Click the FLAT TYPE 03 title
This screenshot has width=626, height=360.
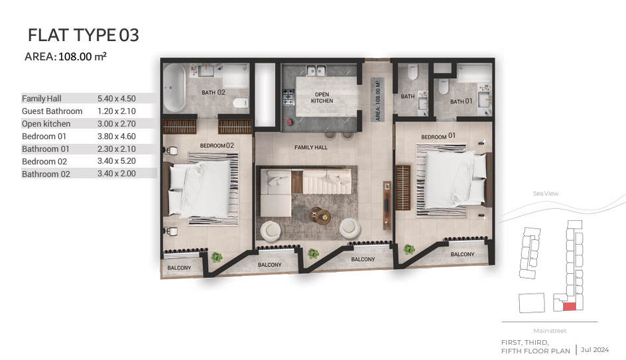click(x=84, y=35)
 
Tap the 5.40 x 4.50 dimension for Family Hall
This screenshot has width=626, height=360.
click(x=117, y=99)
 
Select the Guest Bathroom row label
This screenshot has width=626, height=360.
click(x=52, y=111)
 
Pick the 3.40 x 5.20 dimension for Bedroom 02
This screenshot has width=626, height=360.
click(x=117, y=161)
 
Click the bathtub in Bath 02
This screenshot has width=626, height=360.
click(x=174, y=88)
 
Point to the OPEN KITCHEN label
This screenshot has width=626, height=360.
click(x=322, y=97)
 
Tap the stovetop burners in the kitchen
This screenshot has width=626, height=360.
click(x=288, y=97)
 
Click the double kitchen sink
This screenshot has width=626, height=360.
click(x=316, y=71)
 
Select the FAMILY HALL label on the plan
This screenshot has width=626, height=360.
click(x=311, y=147)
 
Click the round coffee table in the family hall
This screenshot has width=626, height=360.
click(x=320, y=216)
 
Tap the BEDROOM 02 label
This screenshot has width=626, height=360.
click(x=217, y=146)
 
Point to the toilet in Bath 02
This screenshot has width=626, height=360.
click(x=240, y=103)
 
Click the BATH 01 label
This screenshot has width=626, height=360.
click(x=461, y=101)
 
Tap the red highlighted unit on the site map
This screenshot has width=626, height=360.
click(x=570, y=306)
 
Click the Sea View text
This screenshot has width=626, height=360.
click(x=546, y=194)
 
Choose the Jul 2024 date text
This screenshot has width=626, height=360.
click(x=595, y=349)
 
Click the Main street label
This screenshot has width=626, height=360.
click(x=550, y=330)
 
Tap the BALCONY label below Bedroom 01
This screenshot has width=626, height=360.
click(x=462, y=254)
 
